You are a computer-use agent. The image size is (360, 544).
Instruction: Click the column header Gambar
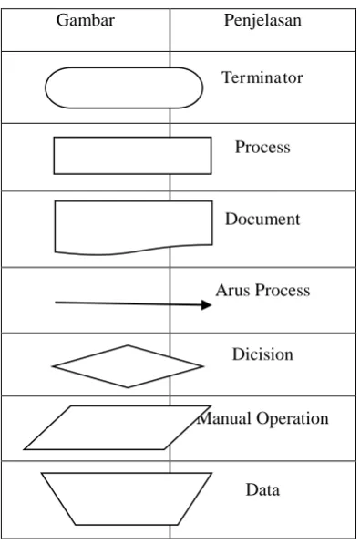point(86,20)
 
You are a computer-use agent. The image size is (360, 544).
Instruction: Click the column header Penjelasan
point(262,20)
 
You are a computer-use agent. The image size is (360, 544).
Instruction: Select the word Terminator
point(262,77)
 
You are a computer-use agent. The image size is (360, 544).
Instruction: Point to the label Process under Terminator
point(262,147)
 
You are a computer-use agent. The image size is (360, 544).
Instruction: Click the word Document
point(262,220)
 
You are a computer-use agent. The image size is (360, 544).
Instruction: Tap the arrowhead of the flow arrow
point(207,305)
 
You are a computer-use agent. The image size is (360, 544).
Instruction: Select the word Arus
point(232,291)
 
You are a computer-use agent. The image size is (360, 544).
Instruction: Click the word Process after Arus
point(283,291)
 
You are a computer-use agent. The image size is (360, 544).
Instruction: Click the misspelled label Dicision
point(262,354)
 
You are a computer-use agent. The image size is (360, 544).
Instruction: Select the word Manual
point(224,418)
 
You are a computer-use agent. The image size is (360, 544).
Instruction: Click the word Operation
point(293,419)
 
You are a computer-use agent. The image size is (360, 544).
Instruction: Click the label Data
point(262,490)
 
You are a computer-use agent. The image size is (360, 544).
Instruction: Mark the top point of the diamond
point(128,345)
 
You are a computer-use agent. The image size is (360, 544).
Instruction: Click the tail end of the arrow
point(56,303)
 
